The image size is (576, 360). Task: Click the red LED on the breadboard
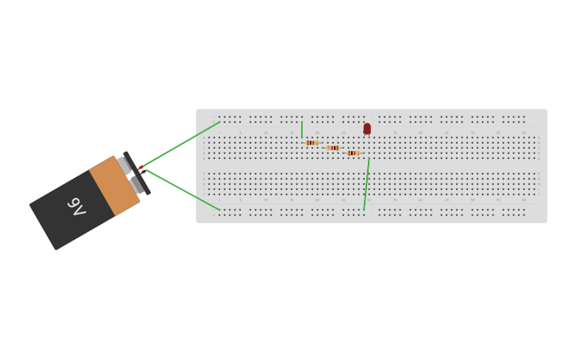point(367,128)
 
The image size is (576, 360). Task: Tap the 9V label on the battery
point(76,207)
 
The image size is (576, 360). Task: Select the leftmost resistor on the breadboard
point(311,142)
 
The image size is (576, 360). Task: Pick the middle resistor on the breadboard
point(334,148)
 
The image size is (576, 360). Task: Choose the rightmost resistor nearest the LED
point(353,153)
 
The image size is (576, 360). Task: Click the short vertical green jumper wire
point(302,130)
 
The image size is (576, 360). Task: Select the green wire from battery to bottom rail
point(183,191)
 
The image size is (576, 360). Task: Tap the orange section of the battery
point(114,186)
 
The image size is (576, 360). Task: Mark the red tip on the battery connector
point(141,167)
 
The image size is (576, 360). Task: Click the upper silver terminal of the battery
point(123,165)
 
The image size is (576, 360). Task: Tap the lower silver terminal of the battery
point(137,185)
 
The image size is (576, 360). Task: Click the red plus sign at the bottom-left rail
point(213,215)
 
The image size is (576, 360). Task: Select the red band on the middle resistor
point(333,148)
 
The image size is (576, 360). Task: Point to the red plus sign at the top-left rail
point(213,122)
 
